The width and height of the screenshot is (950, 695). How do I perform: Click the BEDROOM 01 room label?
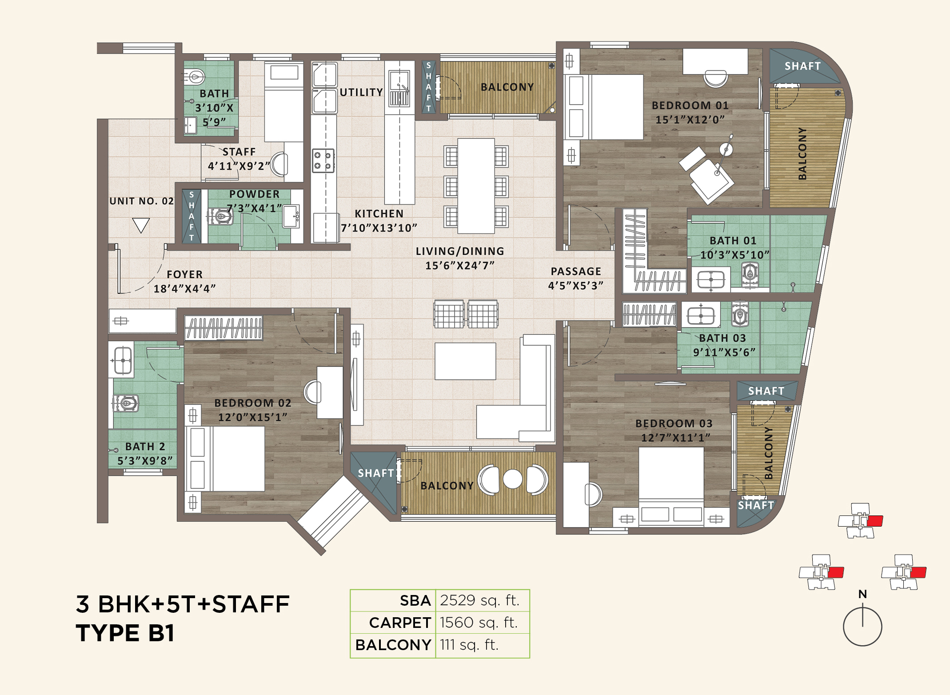[690, 106]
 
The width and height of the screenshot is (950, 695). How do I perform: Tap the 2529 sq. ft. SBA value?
[479, 600]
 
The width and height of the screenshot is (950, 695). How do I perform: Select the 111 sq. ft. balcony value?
[469, 644]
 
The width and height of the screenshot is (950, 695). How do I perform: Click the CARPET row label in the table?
[399, 623]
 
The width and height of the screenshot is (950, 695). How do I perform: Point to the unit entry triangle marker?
[141, 225]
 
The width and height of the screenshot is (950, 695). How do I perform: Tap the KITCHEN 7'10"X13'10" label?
[379, 221]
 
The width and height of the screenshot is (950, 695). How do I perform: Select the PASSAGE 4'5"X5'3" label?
[575, 278]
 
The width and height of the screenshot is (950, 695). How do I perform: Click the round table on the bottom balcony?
[512, 479]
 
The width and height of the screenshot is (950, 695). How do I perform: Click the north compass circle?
[862, 627]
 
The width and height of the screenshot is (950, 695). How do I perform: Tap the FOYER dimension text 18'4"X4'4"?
[184, 289]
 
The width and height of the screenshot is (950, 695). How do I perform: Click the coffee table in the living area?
[465, 361]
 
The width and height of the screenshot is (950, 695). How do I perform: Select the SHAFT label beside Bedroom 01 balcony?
[802, 66]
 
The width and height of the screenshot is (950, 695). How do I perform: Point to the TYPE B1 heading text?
[125, 633]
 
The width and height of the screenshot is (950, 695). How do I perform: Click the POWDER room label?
[254, 194]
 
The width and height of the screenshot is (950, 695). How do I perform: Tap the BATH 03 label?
[722, 338]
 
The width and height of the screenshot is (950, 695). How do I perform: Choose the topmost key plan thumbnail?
[861, 520]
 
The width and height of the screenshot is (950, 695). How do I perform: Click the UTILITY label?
[361, 92]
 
